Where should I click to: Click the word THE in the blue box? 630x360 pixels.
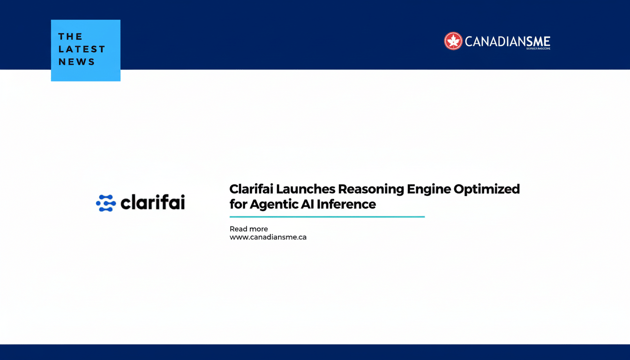(70, 37)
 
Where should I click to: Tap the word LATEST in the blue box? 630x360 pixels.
(82, 49)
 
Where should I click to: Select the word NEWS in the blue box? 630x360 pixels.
(76, 62)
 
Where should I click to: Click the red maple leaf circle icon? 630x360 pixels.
(453, 41)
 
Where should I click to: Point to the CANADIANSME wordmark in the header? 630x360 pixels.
(507, 41)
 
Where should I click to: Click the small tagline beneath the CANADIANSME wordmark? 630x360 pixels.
(538, 48)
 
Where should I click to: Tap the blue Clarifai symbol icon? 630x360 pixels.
(106, 203)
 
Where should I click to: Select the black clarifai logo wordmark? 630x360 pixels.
(153, 202)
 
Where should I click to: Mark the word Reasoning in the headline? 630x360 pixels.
(371, 189)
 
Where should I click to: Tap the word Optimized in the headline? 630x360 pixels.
(487, 189)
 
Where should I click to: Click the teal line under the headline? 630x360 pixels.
(327, 217)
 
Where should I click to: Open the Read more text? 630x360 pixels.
(248, 229)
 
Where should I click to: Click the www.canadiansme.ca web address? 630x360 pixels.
(268, 237)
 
